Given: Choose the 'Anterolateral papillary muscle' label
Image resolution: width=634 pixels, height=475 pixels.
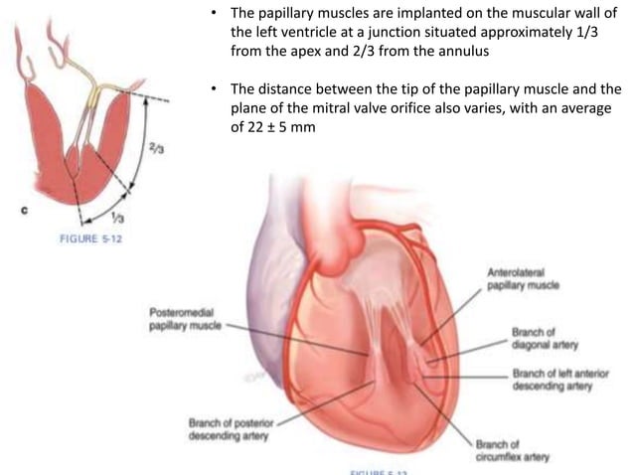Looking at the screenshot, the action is (x=521, y=278).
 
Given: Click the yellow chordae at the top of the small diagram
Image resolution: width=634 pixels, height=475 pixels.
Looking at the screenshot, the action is (x=96, y=95).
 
